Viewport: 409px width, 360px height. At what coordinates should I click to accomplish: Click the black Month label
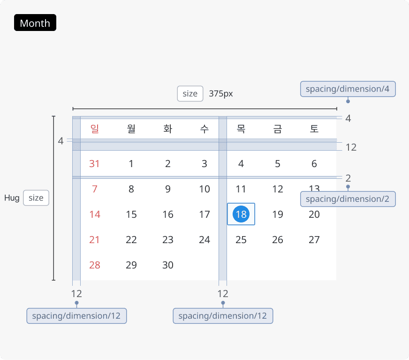pyautogui.click(x=35, y=23)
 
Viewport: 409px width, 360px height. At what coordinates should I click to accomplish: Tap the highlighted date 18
pyautogui.click(x=241, y=214)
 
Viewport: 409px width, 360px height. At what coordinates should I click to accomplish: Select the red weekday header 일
pyautogui.click(x=95, y=129)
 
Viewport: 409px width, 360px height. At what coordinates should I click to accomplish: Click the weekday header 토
pyautogui.click(x=314, y=129)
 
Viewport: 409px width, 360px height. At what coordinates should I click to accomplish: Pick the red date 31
pyautogui.click(x=94, y=164)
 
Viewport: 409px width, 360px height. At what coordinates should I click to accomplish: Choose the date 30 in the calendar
pyautogui.click(x=168, y=265)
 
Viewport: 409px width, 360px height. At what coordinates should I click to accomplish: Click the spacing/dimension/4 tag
pyautogui.click(x=348, y=89)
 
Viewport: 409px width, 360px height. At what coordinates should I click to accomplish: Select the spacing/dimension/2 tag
pyautogui.click(x=348, y=199)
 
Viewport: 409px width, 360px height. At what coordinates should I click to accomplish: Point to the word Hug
pyautogui.click(x=12, y=198)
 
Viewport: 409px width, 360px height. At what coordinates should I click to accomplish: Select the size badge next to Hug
pyautogui.click(x=36, y=198)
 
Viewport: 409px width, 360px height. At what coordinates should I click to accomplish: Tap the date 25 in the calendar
pyautogui.click(x=241, y=240)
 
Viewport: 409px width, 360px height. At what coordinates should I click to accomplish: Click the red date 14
pyautogui.click(x=95, y=214)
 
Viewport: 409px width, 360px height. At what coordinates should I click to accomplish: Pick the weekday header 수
pyautogui.click(x=204, y=129)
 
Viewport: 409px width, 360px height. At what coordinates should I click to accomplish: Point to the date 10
pyautogui.click(x=204, y=189)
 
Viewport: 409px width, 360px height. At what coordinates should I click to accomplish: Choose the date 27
pyautogui.click(x=314, y=240)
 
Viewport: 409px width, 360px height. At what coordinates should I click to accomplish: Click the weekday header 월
pyautogui.click(x=131, y=129)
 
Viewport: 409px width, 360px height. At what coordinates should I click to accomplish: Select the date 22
pyautogui.click(x=131, y=240)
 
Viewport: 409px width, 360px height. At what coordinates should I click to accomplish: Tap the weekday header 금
pyautogui.click(x=278, y=129)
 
